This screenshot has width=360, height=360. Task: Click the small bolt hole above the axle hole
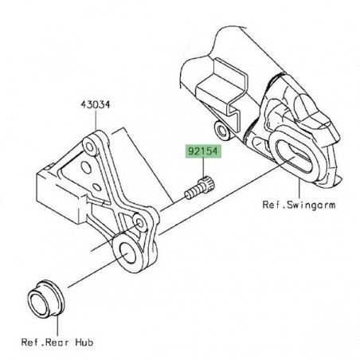pos(140,226)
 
